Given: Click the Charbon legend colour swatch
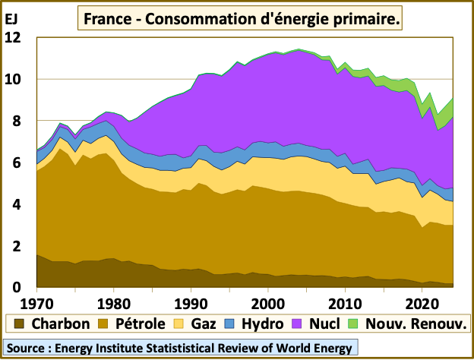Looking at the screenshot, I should point(16,324).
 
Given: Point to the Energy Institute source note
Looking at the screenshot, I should point(180,349).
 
